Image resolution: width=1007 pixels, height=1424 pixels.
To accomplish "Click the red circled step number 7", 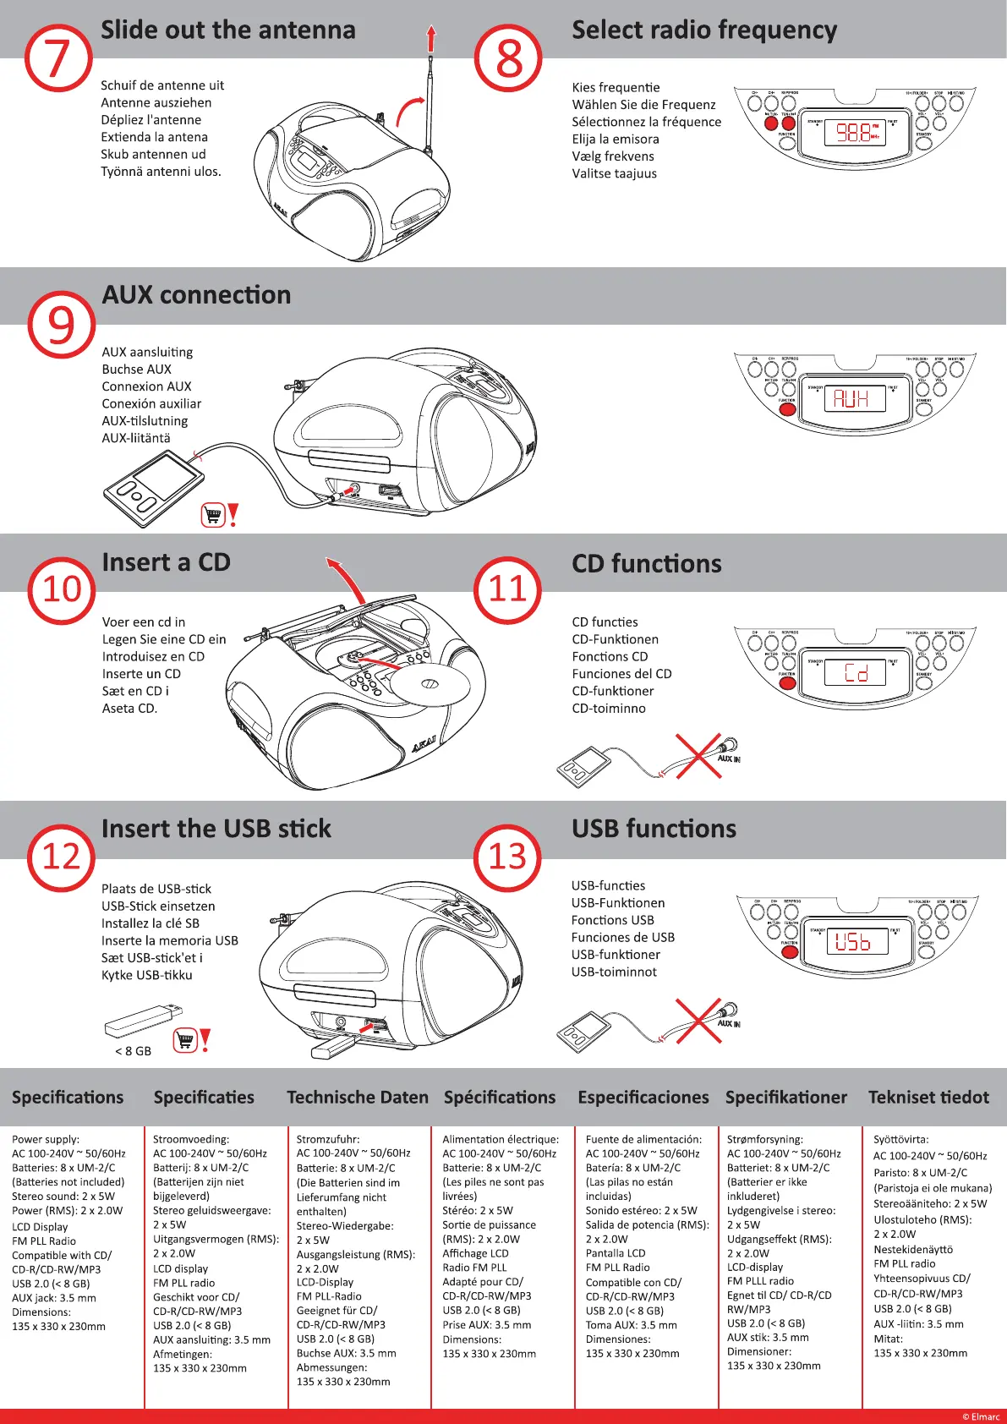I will tap(58, 58).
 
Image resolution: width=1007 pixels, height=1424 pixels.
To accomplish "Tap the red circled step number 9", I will tap(61, 325).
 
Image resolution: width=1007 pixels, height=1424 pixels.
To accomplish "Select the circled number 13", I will tap(507, 857).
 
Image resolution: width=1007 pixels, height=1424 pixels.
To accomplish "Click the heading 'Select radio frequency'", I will tap(704, 30).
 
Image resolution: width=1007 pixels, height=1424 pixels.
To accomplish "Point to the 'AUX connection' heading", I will tap(196, 295).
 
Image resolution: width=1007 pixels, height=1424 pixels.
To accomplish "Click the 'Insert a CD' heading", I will tap(166, 562).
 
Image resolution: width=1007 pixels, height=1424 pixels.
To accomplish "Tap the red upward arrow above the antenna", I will tap(431, 38).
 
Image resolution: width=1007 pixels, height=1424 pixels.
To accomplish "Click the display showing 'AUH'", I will tap(854, 398).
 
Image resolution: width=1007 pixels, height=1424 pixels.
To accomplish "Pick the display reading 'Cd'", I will tap(856, 673).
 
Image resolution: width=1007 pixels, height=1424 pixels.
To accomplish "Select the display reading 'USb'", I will tap(856, 941).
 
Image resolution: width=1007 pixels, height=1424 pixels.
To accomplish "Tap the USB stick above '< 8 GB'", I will tap(143, 1020).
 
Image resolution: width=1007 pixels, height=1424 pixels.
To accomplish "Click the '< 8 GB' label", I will tap(133, 1051).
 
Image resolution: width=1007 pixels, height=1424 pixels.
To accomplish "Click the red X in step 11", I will tap(698, 755).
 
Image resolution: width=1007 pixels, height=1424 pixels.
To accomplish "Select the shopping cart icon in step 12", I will tap(185, 1039).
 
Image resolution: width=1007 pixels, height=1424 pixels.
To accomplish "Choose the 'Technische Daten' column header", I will tap(358, 1098).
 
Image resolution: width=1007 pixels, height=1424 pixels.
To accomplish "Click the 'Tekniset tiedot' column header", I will tap(928, 1098).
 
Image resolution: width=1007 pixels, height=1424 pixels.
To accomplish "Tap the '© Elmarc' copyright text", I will tap(981, 1416).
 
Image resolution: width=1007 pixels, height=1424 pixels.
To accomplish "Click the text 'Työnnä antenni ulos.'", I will tap(161, 172).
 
